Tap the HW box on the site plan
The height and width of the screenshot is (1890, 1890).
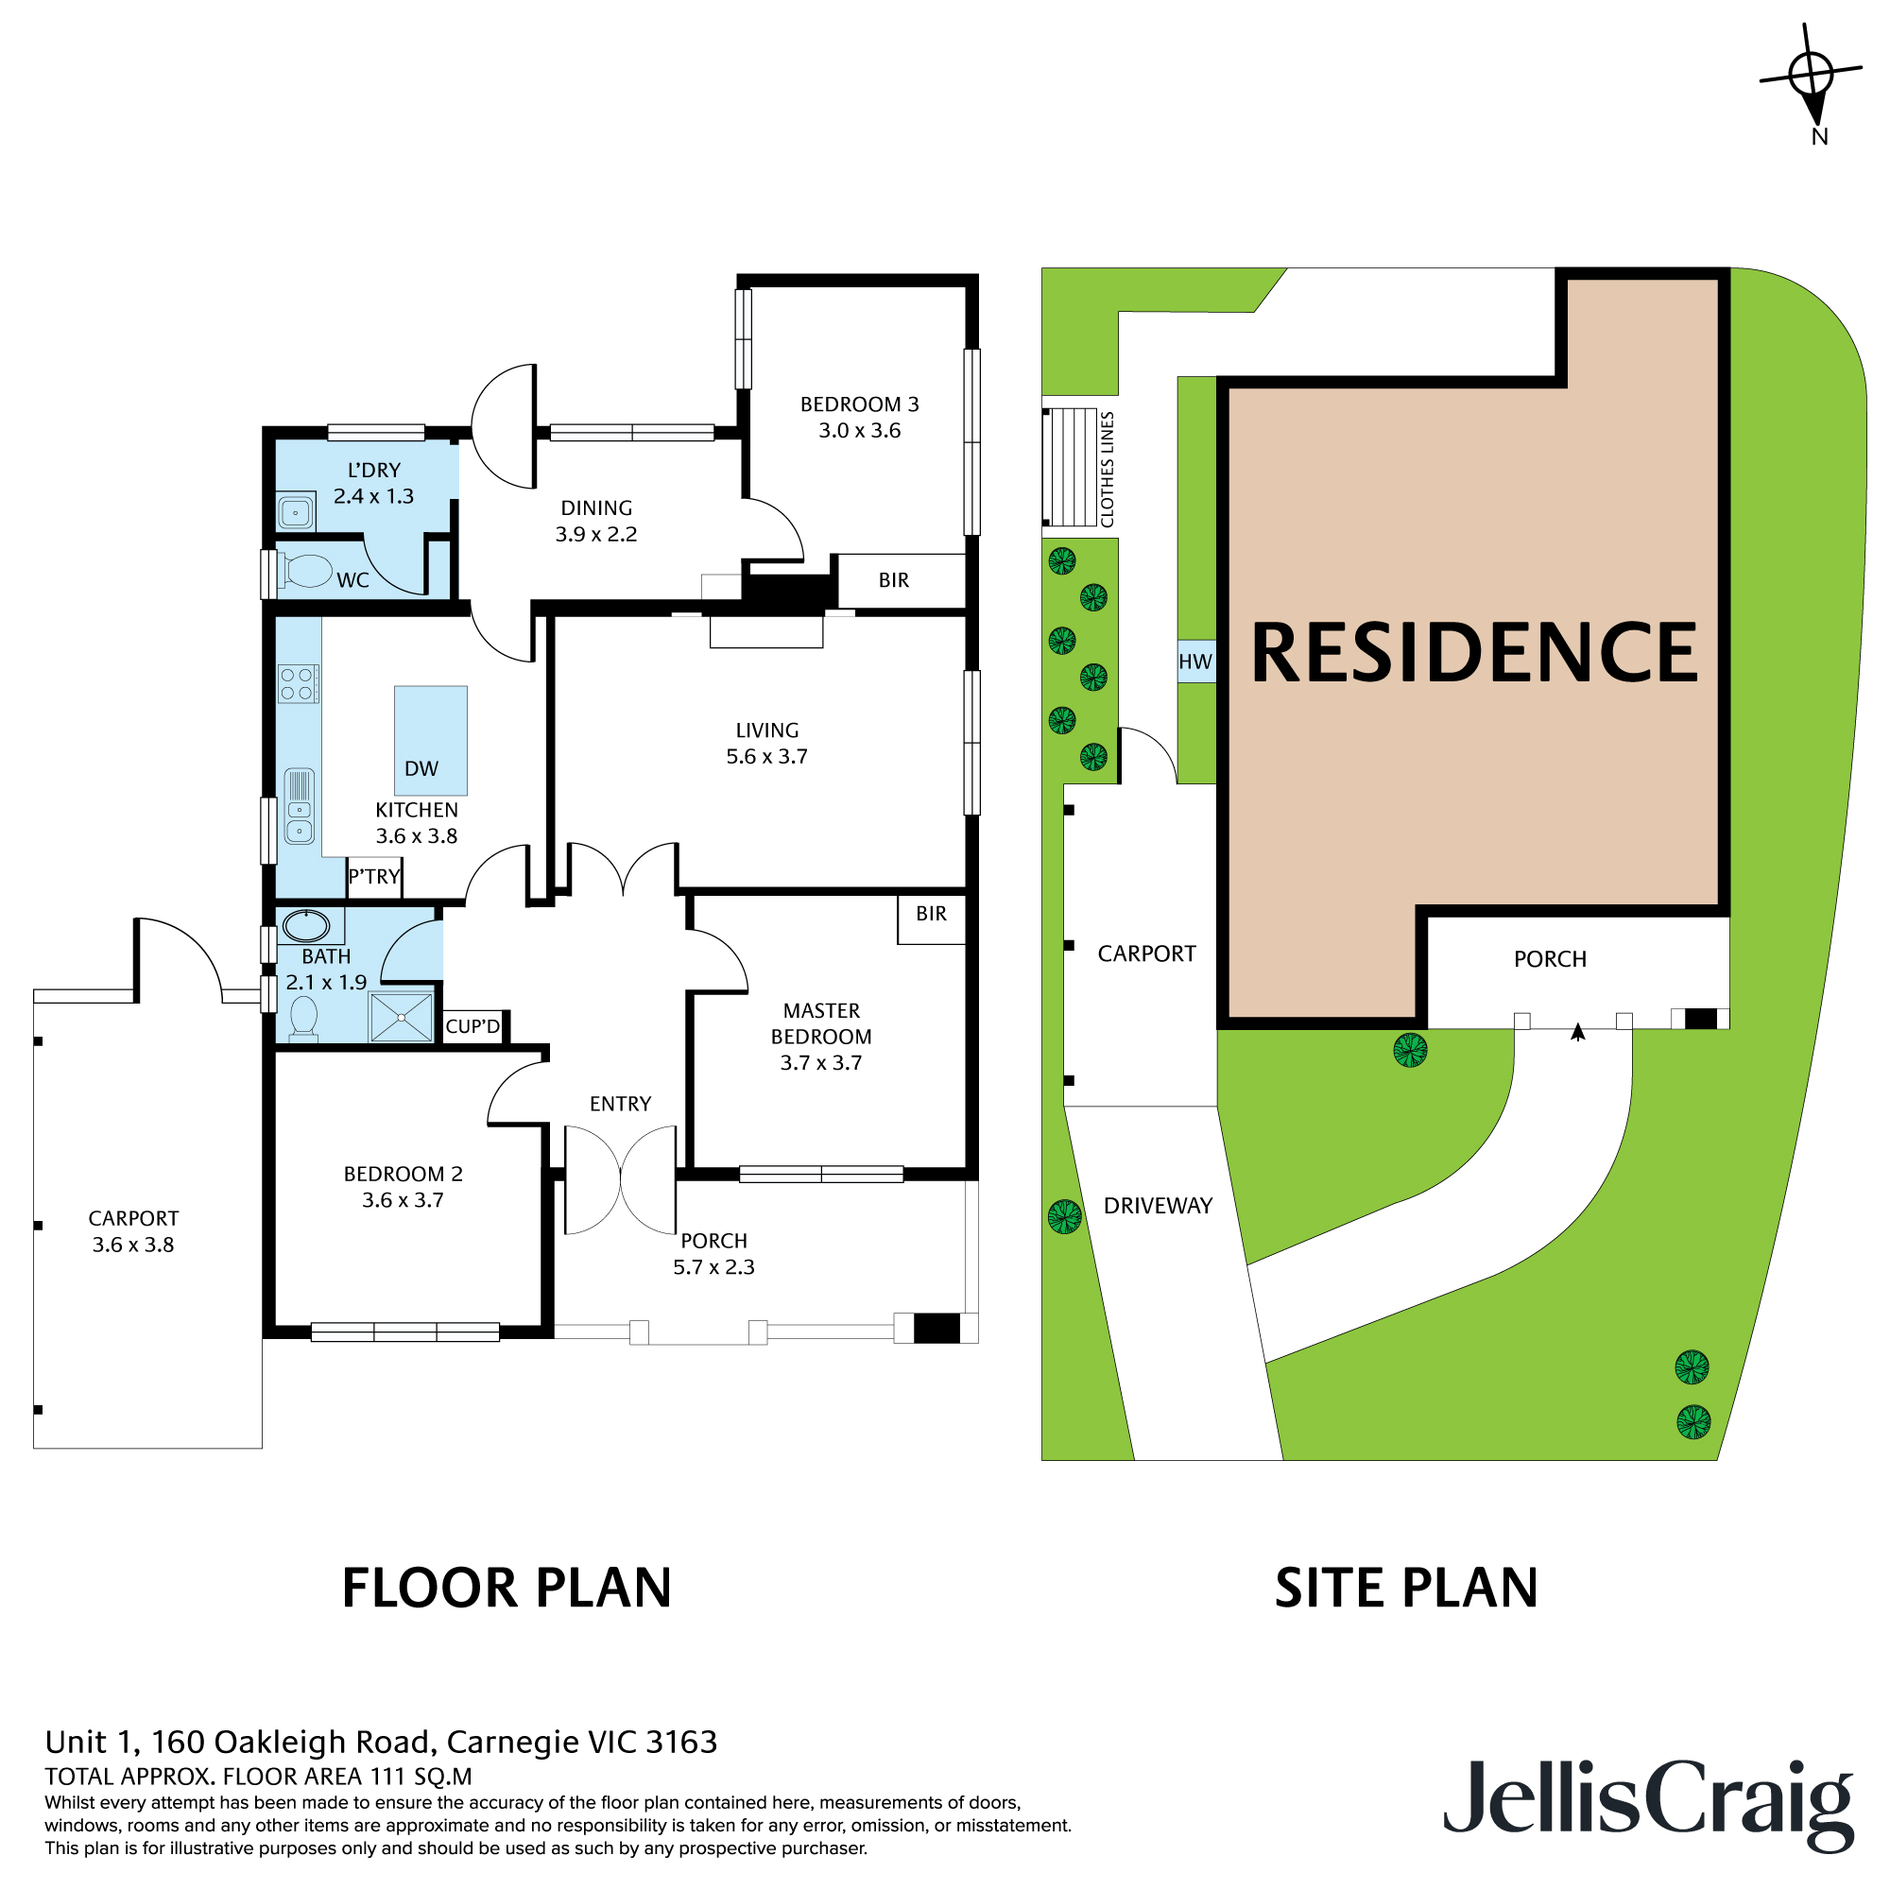(x=1195, y=662)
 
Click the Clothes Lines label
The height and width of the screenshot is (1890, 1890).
(x=1108, y=470)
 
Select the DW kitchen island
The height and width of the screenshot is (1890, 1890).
(x=430, y=741)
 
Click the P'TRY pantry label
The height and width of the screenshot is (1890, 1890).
(x=373, y=877)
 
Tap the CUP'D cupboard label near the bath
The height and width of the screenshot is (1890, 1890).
(x=472, y=1026)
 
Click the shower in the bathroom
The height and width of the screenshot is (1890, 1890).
(x=401, y=1018)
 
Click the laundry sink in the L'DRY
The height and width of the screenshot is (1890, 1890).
(x=296, y=511)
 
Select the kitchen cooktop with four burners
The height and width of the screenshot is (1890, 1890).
(x=299, y=684)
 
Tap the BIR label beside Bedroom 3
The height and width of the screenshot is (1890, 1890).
(x=894, y=580)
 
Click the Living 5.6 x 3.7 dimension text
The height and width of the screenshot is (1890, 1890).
(x=767, y=756)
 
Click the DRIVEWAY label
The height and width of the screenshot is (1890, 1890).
(x=1158, y=1206)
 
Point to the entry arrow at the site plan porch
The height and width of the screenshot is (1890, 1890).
(x=1577, y=1032)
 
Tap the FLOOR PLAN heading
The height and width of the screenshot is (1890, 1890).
(x=507, y=1589)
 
